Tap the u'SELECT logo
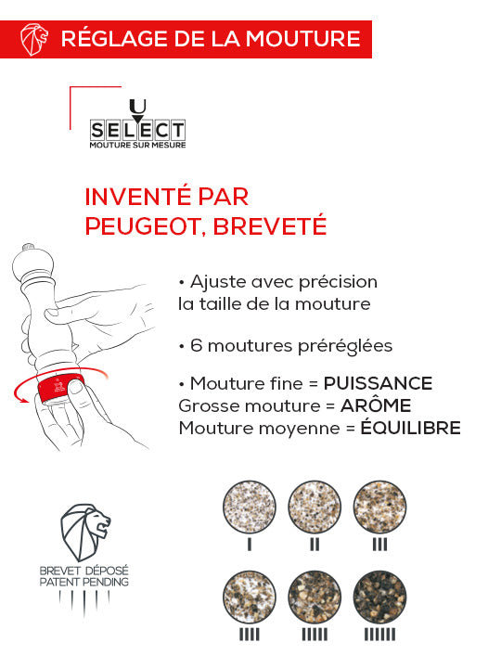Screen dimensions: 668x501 [x=137, y=126]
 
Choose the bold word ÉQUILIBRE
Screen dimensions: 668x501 [x=410, y=428]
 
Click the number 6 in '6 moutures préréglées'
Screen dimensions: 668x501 [x=196, y=345]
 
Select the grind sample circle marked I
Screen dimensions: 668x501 [x=250, y=507]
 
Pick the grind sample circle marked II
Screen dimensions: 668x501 [x=315, y=507]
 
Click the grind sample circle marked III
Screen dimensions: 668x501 [x=379, y=507]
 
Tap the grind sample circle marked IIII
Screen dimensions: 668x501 [x=250, y=594]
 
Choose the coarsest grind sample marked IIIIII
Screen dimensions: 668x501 [x=379, y=594]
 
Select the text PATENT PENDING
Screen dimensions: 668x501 [x=84, y=582]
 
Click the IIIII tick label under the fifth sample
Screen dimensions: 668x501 [x=315, y=635]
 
